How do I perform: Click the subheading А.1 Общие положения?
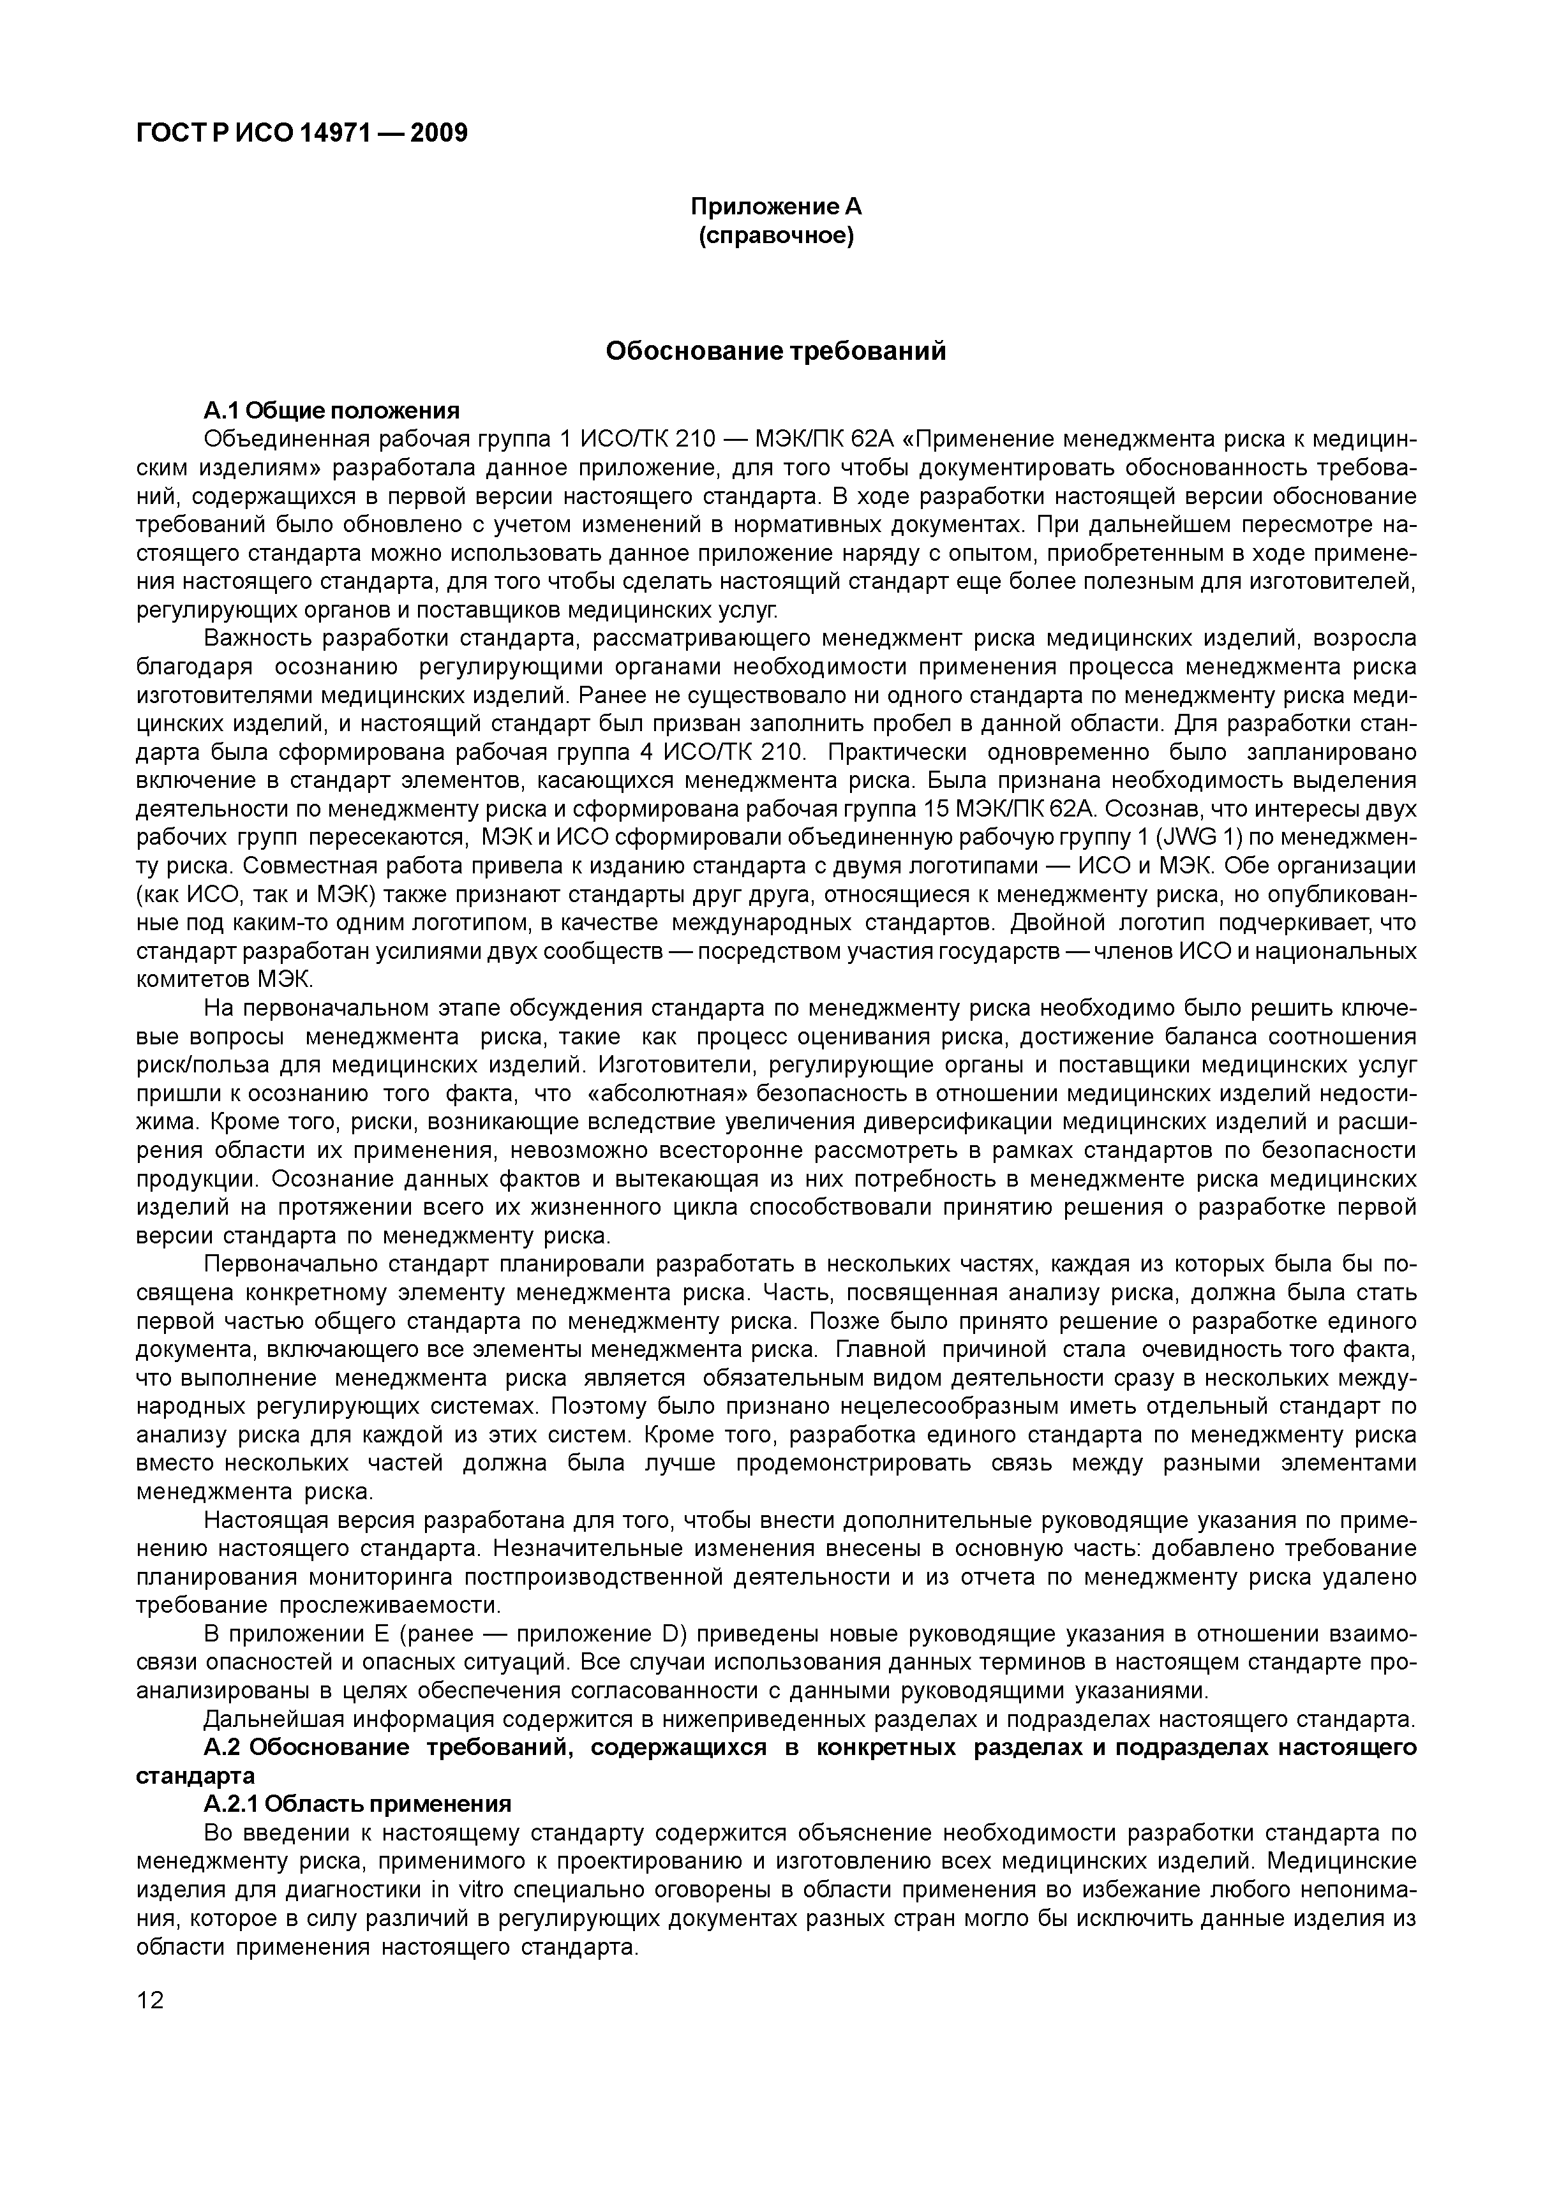[x=331, y=410]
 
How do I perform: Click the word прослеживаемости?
[x=389, y=1606]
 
